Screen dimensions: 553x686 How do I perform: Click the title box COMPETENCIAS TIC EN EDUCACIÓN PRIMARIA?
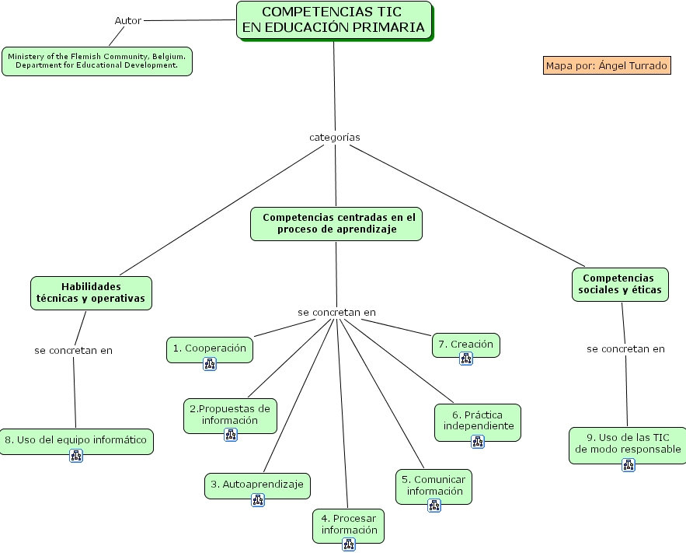point(334,20)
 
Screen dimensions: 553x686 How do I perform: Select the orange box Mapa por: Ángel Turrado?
point(606,65)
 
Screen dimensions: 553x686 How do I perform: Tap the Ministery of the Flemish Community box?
point(97,61)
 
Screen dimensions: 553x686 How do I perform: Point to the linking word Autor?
point(128,20)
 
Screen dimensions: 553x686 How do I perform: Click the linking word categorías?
point(335,137)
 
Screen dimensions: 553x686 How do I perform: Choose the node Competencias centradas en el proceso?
point(336,223)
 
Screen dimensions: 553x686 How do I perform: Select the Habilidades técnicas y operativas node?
point(91,292)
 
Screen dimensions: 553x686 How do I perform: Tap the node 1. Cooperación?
point(209,348)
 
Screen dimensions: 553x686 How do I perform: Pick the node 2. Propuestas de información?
point(230,415)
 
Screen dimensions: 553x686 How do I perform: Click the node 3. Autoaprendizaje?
point(258,484)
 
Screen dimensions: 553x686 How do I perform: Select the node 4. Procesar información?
point(349,523)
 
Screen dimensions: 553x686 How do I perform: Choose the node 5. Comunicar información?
point(434,485)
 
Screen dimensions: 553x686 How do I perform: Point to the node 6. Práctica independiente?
point(478,420)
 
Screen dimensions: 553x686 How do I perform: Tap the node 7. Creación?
point(465,344)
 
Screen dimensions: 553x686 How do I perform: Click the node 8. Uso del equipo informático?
point(76,439)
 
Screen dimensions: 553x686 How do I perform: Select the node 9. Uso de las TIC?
point(628,443)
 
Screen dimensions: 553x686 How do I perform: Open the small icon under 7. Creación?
point(465,359)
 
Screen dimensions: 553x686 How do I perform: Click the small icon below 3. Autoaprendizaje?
point(258,500)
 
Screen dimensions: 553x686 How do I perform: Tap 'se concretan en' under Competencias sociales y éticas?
point(625,348)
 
